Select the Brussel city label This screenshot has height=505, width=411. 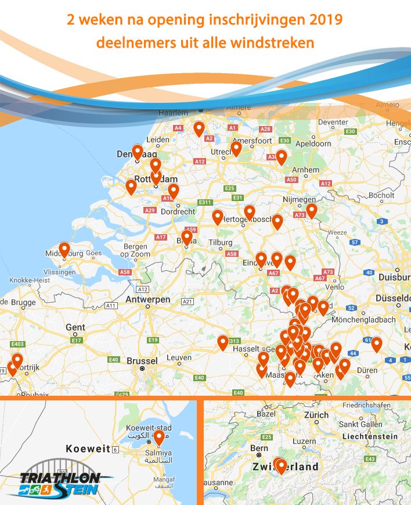coord(142,361)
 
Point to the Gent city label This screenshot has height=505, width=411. coord(75,327)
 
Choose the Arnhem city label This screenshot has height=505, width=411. coord(306,170)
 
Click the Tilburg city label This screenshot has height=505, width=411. coord(220,242)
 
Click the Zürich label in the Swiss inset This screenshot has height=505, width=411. coord(316,416)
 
